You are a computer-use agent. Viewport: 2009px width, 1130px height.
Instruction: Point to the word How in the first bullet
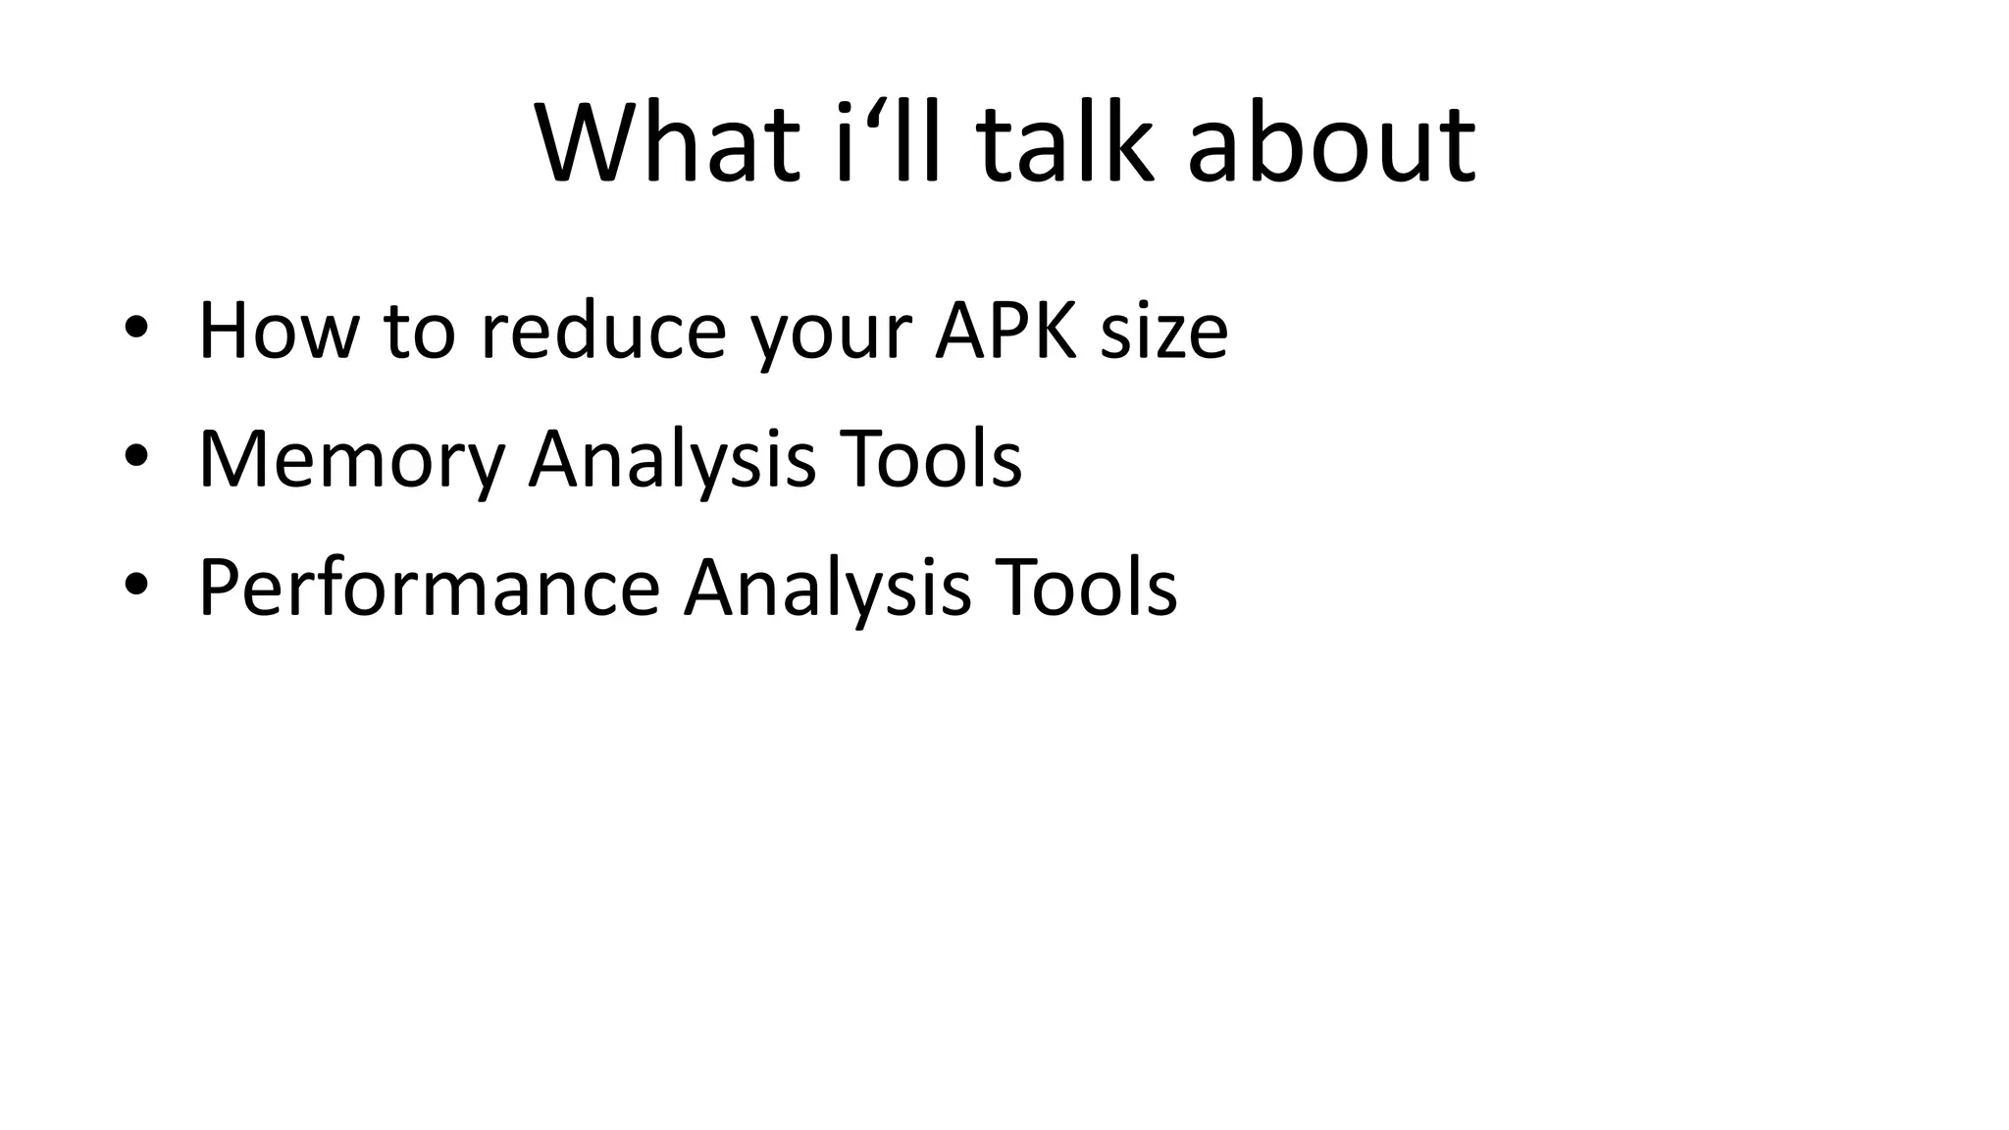pos(279,332)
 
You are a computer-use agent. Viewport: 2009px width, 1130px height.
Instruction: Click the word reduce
pos(602,332)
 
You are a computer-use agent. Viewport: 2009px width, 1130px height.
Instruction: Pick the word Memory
pos(351,460)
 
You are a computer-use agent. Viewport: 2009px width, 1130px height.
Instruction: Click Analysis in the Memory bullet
pos(672,460)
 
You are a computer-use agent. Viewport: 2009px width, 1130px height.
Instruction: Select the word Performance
pos(429,589)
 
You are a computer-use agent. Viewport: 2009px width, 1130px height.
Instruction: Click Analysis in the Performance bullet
pos(827,589)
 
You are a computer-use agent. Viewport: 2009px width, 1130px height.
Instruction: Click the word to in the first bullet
pos(420,332)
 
